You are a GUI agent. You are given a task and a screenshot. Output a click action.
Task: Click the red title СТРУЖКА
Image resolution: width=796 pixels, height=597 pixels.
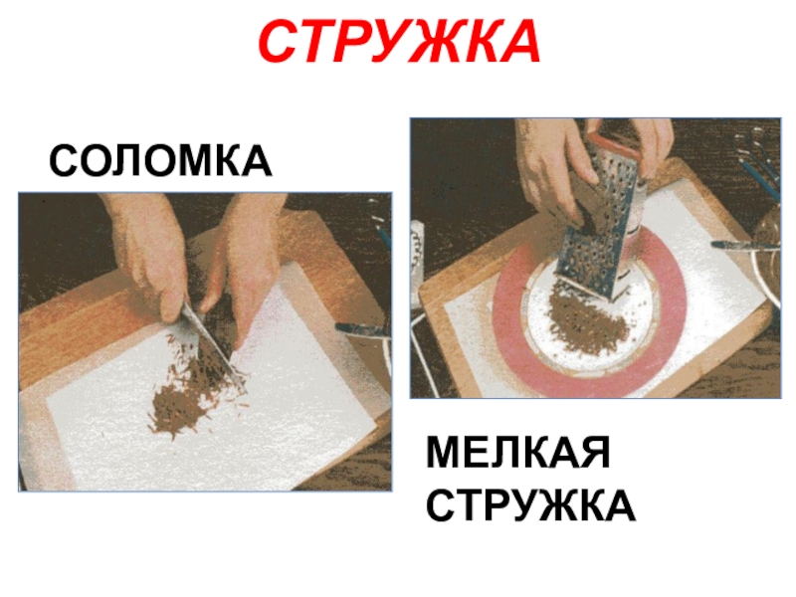coord(400,42)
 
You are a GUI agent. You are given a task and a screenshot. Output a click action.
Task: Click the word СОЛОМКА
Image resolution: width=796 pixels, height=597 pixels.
coord(160,160)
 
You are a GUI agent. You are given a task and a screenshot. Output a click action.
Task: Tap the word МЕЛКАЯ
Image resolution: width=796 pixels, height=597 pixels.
coord(517,453)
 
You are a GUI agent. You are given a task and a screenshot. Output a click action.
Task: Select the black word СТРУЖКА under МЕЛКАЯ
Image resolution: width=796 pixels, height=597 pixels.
coord(530,505)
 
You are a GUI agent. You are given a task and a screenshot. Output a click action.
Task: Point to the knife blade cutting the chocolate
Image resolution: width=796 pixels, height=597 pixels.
coord(213,345)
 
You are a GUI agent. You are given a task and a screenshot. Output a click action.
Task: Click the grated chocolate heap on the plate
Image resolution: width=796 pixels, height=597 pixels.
coord(589,319)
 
